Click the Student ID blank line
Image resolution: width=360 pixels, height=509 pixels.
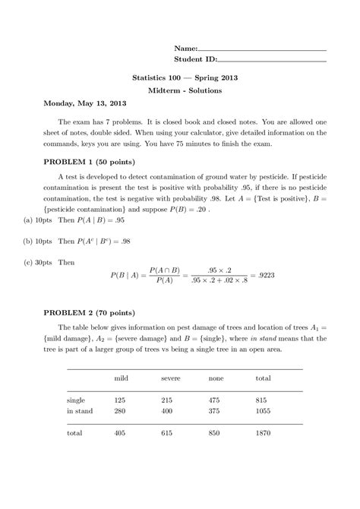pyautogui.click(x=272, y=60)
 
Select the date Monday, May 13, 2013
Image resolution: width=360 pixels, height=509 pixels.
pyautogui.click(x=84, y=103)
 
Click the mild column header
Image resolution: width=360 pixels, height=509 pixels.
pyautogui.click(x=122, y=378)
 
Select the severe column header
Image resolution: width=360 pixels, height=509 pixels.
pyautogui.click(x=170, y=378)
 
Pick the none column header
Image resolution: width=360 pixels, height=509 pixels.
pyautogui.click(x=216, y=378)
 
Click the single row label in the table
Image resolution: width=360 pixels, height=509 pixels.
pyautogui.click(x=76, y=399)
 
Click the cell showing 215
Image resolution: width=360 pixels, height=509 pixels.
pyautogui.click(x=169, y=399)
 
